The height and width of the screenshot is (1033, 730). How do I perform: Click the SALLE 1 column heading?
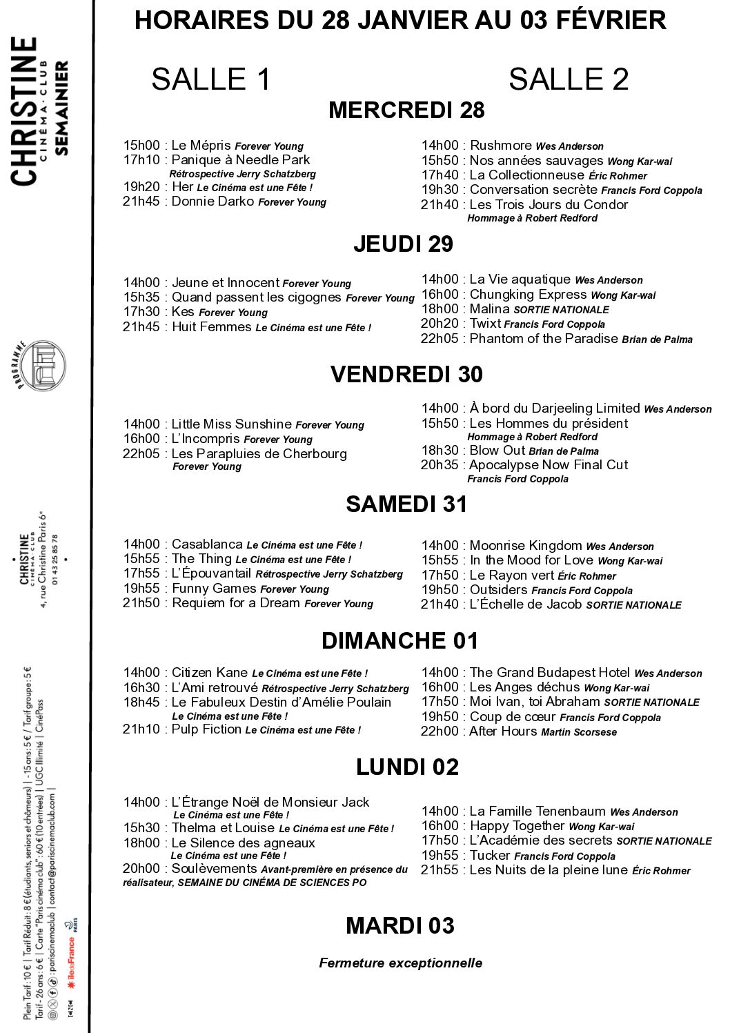(x=210, y=79)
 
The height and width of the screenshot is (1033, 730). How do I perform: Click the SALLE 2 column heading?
(x=569, y=79)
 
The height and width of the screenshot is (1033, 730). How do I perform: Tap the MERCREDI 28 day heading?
(x=406, y=110)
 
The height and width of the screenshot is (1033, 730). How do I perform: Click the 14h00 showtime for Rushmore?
(x=440, y=146)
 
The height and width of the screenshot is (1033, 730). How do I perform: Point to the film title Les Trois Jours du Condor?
(x=549, y=205)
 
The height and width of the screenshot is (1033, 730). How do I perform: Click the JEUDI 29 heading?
(x=403, y=244)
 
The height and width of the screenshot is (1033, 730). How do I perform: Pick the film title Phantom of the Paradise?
(x=544, y=339)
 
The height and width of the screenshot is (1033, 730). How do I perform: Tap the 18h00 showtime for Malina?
(x=440, y=309)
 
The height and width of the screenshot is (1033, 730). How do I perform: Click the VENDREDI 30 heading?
(x=406, y=375)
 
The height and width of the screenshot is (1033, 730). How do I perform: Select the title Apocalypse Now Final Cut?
(x=549, y=465)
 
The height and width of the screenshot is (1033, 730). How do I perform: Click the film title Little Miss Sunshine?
(x=232, y=424)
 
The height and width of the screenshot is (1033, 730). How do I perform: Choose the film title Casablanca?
(x=207, y=544)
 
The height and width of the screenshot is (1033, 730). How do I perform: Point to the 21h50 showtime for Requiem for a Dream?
(x=141, y=603)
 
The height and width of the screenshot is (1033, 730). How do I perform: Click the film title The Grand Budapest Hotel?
(x=550, y=673)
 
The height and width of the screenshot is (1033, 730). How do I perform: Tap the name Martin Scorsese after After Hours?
(x=579, y=732)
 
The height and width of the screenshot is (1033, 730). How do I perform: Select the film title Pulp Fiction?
(x=206, y=729)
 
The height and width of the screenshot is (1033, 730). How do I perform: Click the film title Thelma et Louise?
(x=223, y=828)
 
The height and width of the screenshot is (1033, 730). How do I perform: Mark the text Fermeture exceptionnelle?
(x=400, y=963)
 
